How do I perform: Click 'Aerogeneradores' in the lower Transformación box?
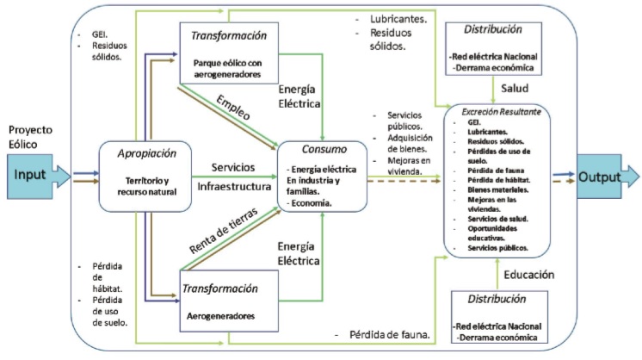click(x=221, y=316)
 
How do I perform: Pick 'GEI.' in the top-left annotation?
click(x=101, y=35)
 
